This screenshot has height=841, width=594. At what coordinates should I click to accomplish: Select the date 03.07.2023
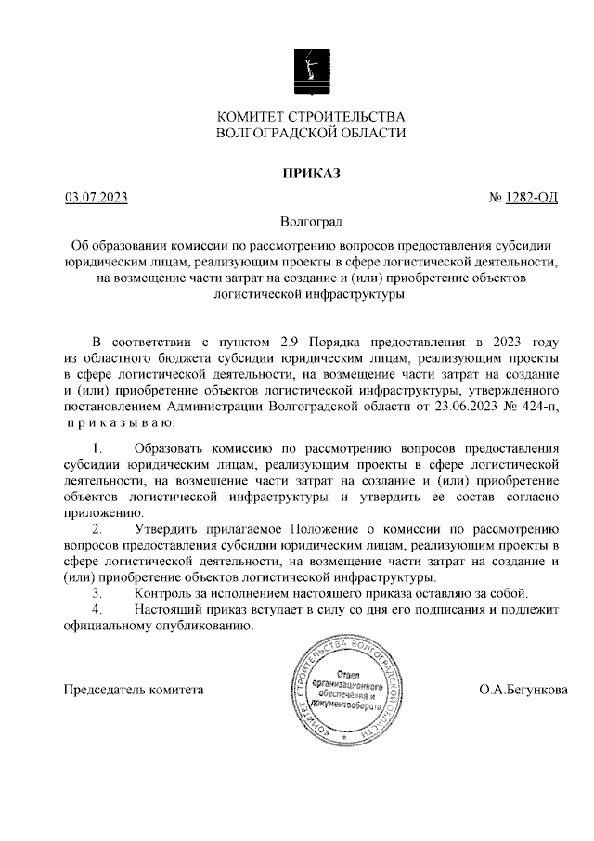(96, 198)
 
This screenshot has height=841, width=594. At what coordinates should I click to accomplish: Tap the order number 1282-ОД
(531, 198)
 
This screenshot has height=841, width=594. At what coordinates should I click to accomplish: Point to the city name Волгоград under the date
(311, 223)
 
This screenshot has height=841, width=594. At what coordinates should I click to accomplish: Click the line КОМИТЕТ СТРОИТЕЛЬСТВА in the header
(311, 117)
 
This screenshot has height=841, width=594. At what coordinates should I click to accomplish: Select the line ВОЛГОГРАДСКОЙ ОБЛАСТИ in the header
(311, 134)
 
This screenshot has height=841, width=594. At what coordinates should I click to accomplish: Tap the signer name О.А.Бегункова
(523, 691)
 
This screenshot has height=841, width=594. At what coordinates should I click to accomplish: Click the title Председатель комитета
(132, 691)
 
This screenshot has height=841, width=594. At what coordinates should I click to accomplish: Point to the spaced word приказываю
(113, 423)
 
